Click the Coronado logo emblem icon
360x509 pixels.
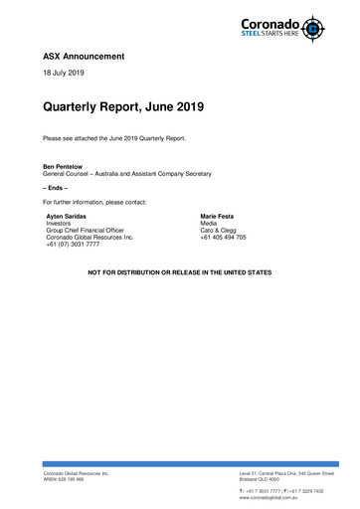pos(315,27)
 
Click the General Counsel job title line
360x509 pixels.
pos(126,174)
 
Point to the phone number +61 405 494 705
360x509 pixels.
pos(230,239)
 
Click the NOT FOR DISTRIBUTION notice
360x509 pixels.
pos(180,270)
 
